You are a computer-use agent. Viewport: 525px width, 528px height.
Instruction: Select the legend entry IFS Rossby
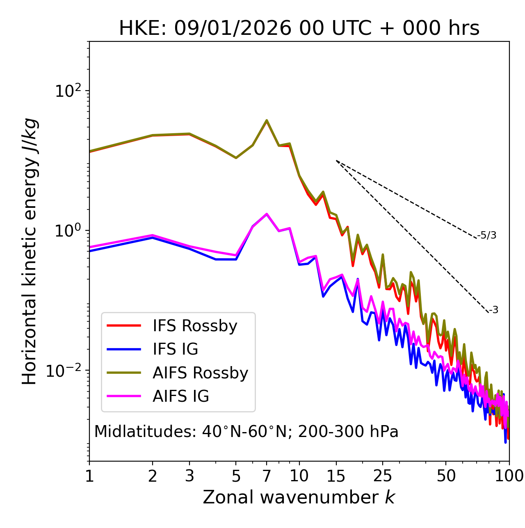195,326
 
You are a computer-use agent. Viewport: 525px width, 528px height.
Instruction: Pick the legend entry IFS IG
175,349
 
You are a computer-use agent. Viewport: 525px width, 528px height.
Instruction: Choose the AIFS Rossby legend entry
200,373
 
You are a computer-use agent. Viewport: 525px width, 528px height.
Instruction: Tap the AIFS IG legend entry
181,396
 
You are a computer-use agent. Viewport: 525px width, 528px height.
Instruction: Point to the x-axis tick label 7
267,476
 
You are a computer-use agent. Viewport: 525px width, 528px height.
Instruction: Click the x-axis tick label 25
383,476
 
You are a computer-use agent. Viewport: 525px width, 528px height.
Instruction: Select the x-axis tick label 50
446,476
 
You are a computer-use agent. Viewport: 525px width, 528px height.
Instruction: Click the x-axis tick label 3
189,476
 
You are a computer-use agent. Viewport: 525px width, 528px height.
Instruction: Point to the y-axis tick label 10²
68,91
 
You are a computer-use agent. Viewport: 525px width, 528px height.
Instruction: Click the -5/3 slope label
487,235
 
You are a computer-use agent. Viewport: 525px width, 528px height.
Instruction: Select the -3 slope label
494,310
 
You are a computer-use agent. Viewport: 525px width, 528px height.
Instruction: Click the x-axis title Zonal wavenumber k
299,498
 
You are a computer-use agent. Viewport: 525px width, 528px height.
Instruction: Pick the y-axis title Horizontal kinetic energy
30,251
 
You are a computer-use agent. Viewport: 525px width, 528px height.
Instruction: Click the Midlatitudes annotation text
246,432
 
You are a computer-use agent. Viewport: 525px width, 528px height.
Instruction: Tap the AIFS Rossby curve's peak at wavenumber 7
267,121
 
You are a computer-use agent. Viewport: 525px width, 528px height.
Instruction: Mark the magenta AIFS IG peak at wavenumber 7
267,214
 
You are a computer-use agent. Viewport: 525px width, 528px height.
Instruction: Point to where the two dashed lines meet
336,161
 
